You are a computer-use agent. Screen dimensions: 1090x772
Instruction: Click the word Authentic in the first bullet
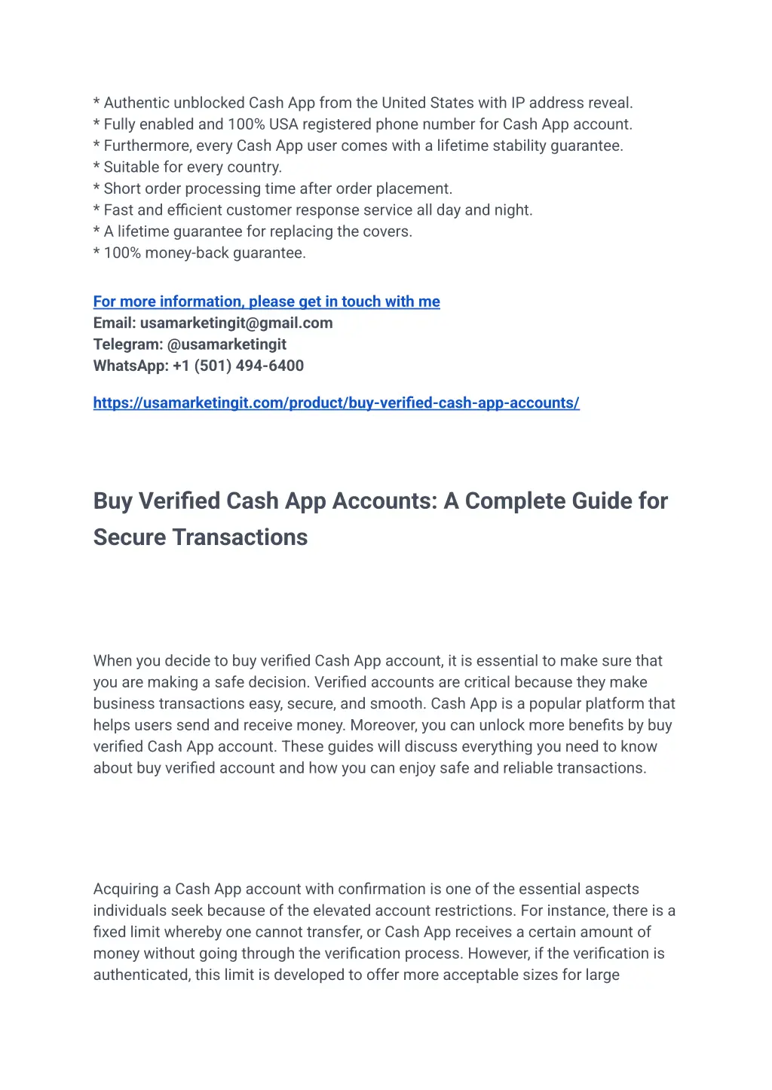[x=136, y=103]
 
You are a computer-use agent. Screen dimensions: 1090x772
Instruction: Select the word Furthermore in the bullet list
[x=147, y=146]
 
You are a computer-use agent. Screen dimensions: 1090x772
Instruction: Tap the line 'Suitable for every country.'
[x=192, y=167]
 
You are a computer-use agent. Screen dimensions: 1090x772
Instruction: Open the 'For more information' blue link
[x=266, y=302]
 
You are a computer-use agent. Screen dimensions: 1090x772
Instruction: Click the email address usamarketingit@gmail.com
[x=236, y=323]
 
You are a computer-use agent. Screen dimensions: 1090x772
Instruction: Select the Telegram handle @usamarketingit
[x=226, y=344]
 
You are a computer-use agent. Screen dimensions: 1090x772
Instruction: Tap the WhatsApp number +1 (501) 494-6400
[x=238, y=366]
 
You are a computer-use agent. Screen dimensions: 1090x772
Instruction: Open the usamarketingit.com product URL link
[x=336, y=403]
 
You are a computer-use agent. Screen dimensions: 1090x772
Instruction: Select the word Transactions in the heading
[x=240, y=537]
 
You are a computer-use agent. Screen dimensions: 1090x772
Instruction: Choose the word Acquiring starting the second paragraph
[x=126, y=889]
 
